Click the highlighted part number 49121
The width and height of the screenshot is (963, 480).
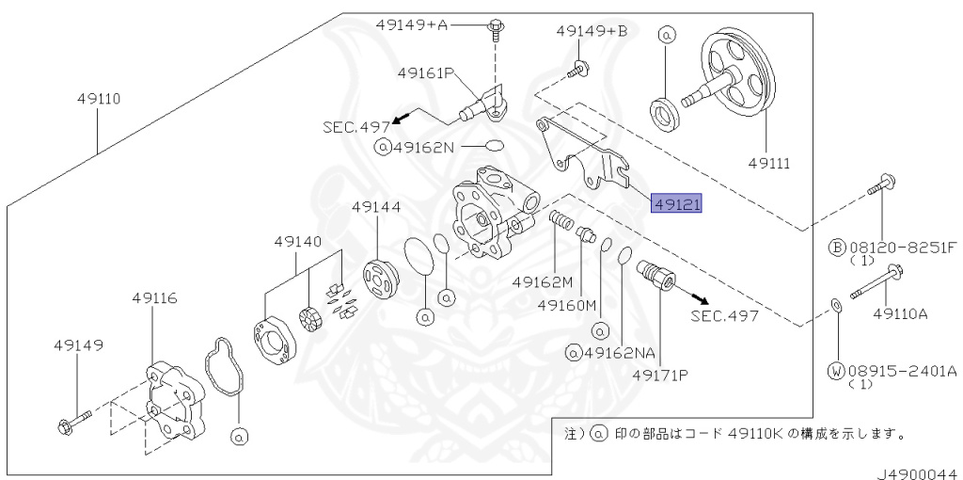tap(675, 203)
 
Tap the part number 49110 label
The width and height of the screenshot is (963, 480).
tap(98, 98)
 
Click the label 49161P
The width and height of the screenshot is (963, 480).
tap(425, 73)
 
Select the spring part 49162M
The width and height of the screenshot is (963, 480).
tap(560, 219)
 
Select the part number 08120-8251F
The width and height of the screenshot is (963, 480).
tap(904, 248)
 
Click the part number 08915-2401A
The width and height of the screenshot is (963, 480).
tap(904, 371)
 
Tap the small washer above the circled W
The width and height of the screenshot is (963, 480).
tap(835, 305)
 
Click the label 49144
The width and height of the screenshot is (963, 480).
tap(376, 207)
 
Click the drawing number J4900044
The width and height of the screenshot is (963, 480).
tap(918, 473)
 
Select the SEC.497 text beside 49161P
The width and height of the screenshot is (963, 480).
tap(356, 127)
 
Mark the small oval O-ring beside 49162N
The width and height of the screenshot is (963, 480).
tap(495, 146)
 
